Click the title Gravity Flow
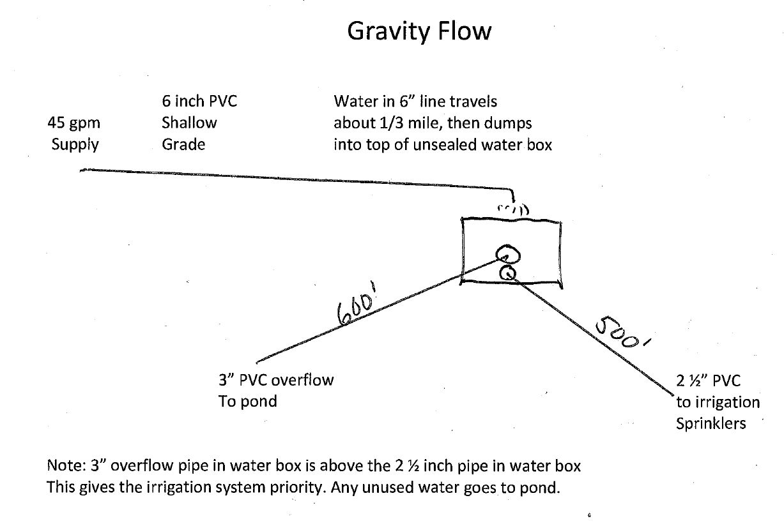[x=419, y=31]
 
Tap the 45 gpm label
[x=74, y=123]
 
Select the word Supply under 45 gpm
[x=75, y=145]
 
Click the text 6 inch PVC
[x=199, y=102]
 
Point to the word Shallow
[x=189, y=123]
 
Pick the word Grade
[x=183, y=144]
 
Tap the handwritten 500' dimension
[x=622, y=333]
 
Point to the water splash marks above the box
[x=513, y=209]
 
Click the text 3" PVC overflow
[x=276, y=380]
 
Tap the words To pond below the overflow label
[x=248, y=402]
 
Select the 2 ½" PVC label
[x=709, y=381]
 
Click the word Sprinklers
[x=711, y=424]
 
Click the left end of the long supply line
[x=81, y=170]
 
